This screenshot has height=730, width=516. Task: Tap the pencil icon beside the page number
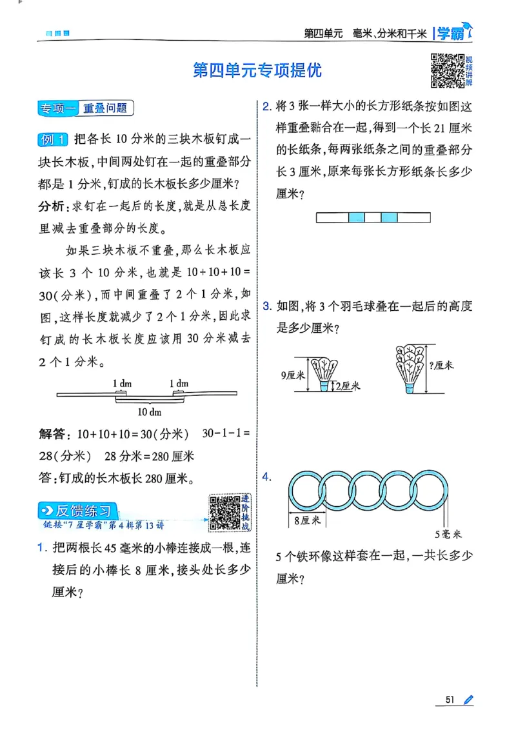pyautogui.click(x=468, y=700)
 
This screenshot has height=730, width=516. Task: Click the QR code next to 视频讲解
pyautogui.click(x=447, y=68)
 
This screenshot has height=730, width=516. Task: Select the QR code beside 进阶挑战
pyautogui.click(x=224, y=513)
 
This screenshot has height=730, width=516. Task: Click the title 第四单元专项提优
pyautogui.click(x=257, y=70)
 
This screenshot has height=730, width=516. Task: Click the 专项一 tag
pyautogui.click(x=57, y=109)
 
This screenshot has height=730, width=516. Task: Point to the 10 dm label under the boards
pyautogui.click(x=150, y=411)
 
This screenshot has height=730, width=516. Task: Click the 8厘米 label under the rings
pyautogui.click(x=307, y=520)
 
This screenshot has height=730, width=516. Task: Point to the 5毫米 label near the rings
pyautogui.click(x=447, y=533)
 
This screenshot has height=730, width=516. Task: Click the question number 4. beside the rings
pyautogui.click(x=266, y=477)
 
